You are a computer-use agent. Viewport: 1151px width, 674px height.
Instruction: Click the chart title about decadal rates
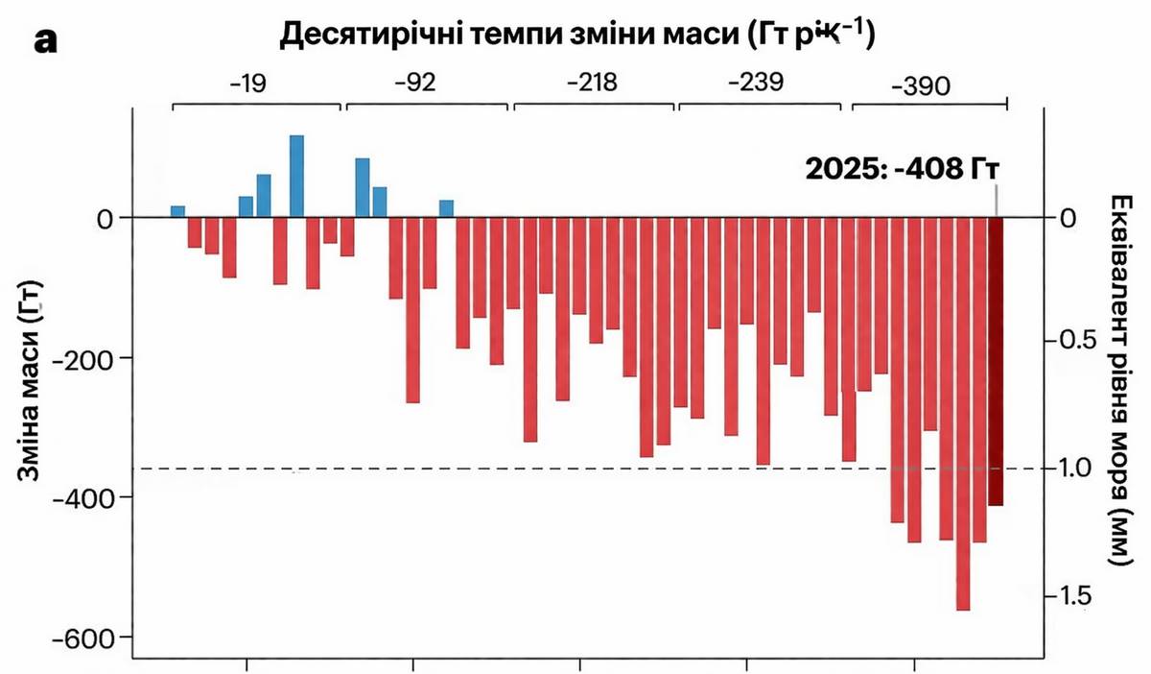point(580,36)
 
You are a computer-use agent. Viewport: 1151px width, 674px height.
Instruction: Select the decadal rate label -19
point(248,83)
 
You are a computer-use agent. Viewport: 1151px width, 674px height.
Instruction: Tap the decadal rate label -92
point(414,83)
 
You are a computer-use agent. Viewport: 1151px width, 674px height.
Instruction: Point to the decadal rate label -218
point(592,83)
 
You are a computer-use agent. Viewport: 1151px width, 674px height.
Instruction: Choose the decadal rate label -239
point(756,83)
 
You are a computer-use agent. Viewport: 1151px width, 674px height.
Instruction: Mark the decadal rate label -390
point(920,86)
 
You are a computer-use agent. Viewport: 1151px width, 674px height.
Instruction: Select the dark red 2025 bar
point(996,361)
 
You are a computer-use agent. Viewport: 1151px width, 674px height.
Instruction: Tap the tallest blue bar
point(296,177)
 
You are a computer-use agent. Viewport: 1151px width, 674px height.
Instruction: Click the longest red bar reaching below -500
point(963,413)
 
